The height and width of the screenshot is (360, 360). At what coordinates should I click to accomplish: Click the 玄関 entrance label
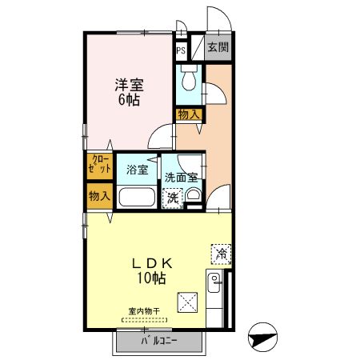pos(217,47)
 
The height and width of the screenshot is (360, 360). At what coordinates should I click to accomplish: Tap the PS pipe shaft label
pos(182,49)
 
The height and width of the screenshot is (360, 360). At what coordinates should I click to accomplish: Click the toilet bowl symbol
pos(189,81)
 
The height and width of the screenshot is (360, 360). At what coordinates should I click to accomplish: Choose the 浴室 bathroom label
pos(138,170)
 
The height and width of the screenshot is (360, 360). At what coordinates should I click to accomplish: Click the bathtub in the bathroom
pos(138,198)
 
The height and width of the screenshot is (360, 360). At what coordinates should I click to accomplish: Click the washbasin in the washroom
pos(193,196)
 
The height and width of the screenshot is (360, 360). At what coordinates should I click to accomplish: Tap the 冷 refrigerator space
pos(221,254)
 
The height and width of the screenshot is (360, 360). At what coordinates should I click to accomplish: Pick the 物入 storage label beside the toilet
pos(190,115)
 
